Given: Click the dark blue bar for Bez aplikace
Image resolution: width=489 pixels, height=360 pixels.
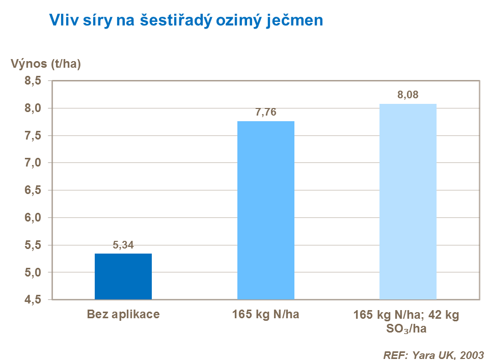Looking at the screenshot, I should point(123,276).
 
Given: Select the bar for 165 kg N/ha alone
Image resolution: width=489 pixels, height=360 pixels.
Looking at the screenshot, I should point(266,210).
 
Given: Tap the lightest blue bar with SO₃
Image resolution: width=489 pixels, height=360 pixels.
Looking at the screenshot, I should point(408,201).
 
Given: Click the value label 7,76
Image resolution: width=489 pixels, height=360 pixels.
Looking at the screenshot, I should point(265,113).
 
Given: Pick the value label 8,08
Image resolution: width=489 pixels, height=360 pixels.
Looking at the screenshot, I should point(408,95).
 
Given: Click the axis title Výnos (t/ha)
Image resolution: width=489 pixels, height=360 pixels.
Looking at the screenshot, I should point(46,64).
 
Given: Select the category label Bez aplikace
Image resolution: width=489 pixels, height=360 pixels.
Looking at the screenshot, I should point(123,314).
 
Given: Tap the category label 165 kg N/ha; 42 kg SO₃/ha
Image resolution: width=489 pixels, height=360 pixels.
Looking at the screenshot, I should point(406,321).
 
